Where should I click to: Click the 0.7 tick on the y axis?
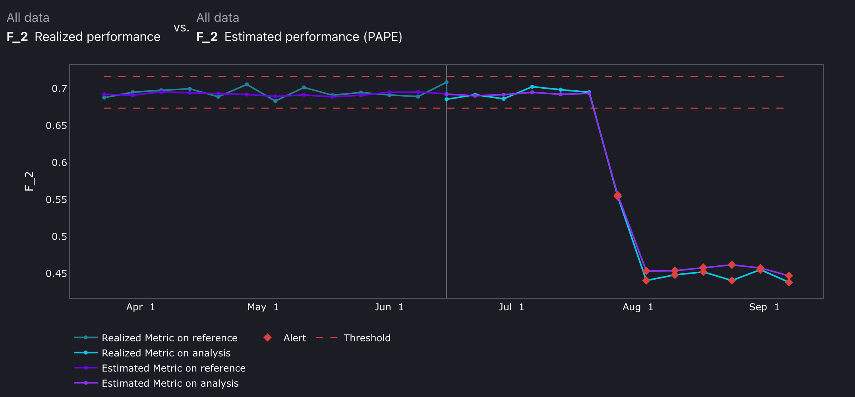click(60, 89)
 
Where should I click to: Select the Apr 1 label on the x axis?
click(140, 307)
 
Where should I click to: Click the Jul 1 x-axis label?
click(511, 307)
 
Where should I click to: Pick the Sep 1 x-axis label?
click(764, 307)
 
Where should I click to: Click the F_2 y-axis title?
click(29, 181)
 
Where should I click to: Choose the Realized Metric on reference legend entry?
click(169, 338)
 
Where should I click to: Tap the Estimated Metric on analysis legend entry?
click(170, 383)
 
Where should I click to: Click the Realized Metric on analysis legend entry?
click(166, 353)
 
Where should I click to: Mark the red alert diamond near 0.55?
click(617, 196)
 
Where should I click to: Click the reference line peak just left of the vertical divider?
click(446, 82)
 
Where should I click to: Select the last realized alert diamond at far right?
click(789, 282)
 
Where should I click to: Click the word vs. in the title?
click(181, 28)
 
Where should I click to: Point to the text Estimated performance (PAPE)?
click(313, 37)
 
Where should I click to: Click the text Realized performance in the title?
click(97, 37)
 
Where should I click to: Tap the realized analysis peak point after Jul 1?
click(532, 87)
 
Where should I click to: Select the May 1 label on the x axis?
click(263, 307)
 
